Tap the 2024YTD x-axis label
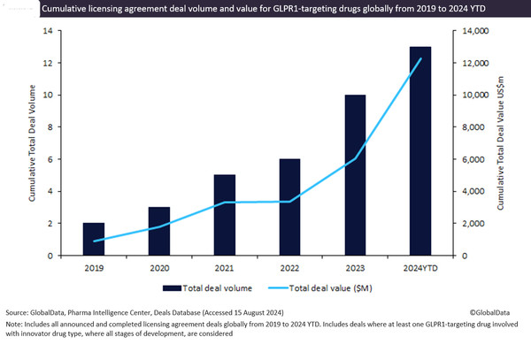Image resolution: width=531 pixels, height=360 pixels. pyautogui.click(x=419, y=266)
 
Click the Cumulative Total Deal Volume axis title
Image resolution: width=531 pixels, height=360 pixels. pyautogui.click(x=32, y=142)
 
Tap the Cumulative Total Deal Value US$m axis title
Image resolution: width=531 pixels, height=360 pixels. pyautogui.click(x=501, y=142)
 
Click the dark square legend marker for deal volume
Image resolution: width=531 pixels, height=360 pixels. pyautogui.click(x=165, y=287)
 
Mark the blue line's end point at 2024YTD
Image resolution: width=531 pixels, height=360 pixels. pyautogui.click(x=419, y=58)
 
